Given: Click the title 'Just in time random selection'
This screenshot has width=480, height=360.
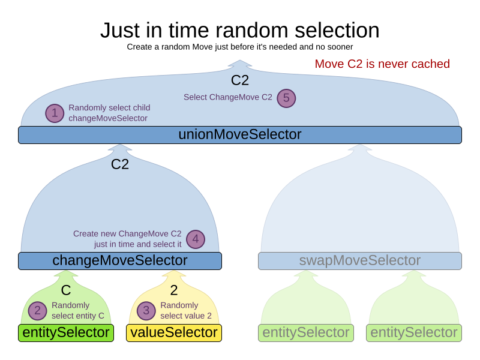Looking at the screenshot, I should pyautogui.click(x=239, y=30).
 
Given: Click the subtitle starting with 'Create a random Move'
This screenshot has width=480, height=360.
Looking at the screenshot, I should pyautogui.click(x=239, y=47).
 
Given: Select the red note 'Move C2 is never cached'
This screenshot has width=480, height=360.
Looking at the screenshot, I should pyautogui.click(x=382, y=64).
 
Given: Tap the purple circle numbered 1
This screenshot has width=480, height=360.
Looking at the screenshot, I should pyautogui.click(x=55, y=113).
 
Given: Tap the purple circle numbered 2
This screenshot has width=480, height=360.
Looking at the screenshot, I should pyautogui.click(x=37, y=310).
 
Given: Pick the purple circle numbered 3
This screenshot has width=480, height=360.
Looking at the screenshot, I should pyautogui.click(x=146, y=310).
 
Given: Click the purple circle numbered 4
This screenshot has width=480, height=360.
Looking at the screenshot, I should pyautogui.click(x=195, y=239).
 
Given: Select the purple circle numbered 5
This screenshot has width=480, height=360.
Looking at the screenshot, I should pyautogui.click(x=286, y=98).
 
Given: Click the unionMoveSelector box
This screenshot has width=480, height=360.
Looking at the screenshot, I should pyautogui.click(x=239, y=135).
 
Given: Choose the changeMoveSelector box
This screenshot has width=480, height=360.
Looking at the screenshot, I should pyautogui.click(x=120, y=261).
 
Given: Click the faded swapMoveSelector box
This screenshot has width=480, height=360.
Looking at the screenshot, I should pyautogui.click(x=359, y=261).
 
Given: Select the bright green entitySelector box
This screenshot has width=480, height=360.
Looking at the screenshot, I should pyautogui.click(x=66, y=333).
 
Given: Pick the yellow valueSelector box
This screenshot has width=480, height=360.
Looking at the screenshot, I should pyautogui.click(x=174, y=333).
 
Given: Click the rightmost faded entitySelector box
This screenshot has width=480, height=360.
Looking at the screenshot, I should pyautogui.click(x=414, y=333).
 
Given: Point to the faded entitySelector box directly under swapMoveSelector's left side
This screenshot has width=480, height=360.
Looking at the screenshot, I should pyautogui.click(x=306, y=333).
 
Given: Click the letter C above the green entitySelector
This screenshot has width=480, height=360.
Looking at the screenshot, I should pyautogui.click(x=66, y=290).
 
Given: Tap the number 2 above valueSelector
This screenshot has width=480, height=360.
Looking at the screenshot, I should pyautogui.click(x=174, y=290).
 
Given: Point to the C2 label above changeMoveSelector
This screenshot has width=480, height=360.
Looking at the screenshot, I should pyautogui.click(x=120, y=164).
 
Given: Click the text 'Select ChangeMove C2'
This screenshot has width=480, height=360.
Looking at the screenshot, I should pyautogui.click(x=228, y=97).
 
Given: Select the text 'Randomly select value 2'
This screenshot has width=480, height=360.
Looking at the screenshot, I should pyautogui.click(x=186, y=310).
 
